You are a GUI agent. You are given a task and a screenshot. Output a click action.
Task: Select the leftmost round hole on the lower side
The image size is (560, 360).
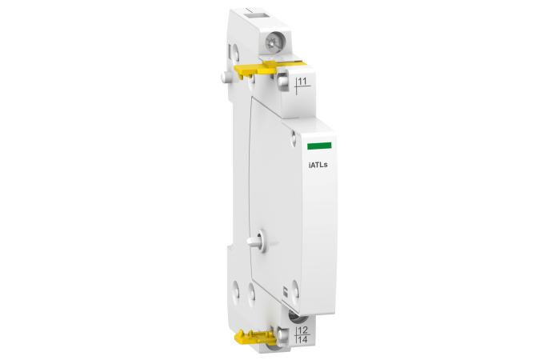(235, 285)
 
